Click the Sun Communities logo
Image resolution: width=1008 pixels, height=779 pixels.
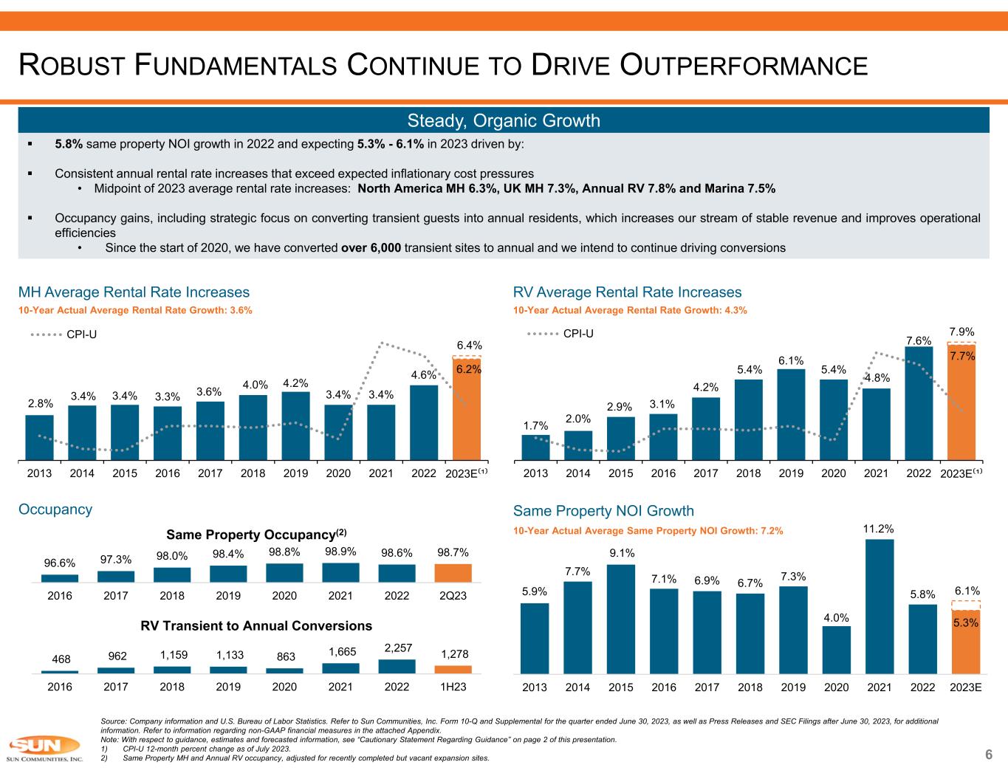tap(43, 749)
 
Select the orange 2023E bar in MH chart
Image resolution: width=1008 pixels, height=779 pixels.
tap(467, 410)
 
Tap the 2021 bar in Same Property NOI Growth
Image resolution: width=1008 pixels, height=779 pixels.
tap(879, 606)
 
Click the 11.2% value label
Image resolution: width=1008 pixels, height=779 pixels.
tap(879, 529)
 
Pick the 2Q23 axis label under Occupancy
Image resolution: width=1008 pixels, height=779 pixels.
tap(453, 595)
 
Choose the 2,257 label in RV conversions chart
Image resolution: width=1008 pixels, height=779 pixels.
tap(397, 647)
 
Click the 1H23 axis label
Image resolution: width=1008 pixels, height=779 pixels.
tap(453, 686)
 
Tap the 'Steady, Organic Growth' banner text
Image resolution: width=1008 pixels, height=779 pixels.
tap(504, 121)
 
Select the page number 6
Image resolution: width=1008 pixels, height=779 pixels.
tap(988, 755)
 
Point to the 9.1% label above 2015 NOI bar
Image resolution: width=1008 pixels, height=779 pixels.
tap(621, 553)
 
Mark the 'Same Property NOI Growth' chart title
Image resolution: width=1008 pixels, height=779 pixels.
tap(603, 511)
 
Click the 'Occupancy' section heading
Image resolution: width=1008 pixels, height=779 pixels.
tap(55, 509)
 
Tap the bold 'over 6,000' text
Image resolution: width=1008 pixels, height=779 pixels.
tap(371, 247)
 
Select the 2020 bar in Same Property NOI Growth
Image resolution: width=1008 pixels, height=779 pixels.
tap(836, 650)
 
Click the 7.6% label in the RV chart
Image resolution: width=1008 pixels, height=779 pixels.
tap(919, 340)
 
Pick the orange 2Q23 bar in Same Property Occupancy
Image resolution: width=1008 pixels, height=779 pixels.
tap(453, 573)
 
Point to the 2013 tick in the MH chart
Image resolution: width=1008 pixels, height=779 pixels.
tap(39, 474)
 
